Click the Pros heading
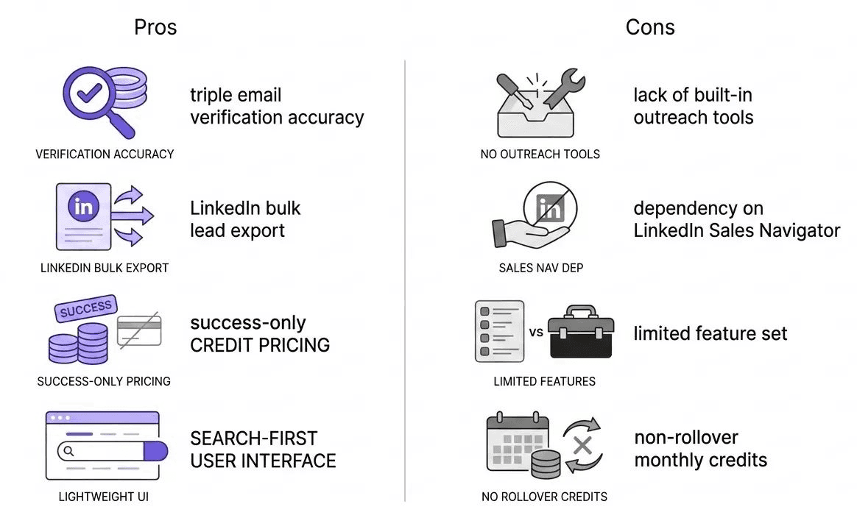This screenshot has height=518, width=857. [155, 28]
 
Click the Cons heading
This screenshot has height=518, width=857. [650, 28]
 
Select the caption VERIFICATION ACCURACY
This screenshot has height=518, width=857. [105, 155]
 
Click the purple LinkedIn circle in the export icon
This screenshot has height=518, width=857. [84, 207]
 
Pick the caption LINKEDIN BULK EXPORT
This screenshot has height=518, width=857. [105, 269]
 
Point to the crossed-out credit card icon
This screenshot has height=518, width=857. [139, 330]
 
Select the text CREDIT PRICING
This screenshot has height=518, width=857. [260, 345]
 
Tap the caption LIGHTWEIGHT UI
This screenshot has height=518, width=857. [104, 497]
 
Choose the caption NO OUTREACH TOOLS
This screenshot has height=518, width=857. [540, 155]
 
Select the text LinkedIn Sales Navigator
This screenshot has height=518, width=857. [736, 231]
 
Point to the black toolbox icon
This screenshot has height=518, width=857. [581, 332]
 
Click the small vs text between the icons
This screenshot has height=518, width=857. [536, 332]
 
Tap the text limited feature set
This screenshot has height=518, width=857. [710, 334]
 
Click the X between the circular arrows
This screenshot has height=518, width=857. [583, 445]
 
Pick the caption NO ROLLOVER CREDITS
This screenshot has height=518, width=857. [544, 497]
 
